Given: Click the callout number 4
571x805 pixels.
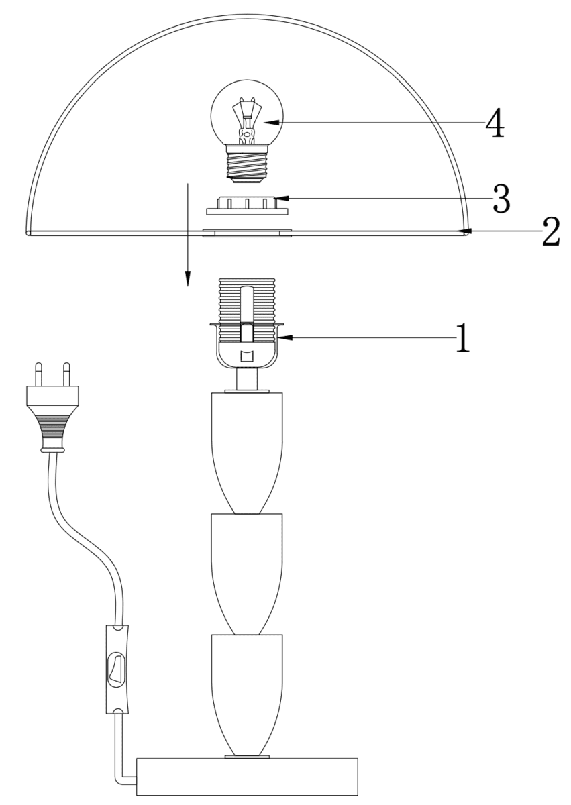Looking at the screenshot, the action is (x=495, y=123).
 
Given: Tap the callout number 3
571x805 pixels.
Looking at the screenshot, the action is (x=501, y=198).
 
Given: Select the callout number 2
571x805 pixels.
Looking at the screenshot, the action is (x=551, y=231).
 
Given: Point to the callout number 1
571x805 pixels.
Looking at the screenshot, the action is (x=463, y=337).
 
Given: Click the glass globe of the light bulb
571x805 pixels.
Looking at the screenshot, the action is (x=247, y=112).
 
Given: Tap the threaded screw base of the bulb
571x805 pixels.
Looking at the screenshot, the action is (x=247, y=164).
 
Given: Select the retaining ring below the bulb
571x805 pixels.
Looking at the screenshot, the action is (x=247, y=205).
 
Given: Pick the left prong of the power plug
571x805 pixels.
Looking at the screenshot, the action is (x=38, y=374).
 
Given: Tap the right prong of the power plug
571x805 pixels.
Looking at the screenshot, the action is (x=66, y=374).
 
